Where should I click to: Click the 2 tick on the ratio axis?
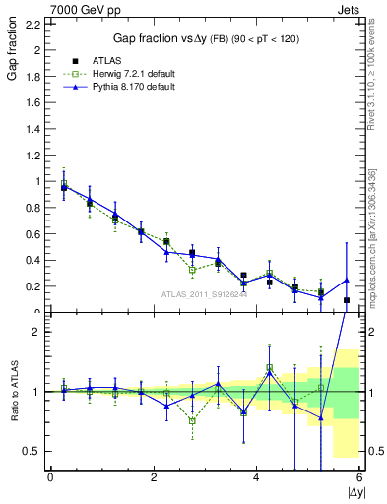pyautogui.click(x=37, y=332)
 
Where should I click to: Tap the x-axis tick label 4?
pyautogui.click(x=257, y=477)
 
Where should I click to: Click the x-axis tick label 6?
pyautogui.click(x=359, y=477)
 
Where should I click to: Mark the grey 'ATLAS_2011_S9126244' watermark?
pyautogui.click(x=203, y=294)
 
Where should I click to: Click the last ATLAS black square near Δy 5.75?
pyautogui.click(x=347, y=300)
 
